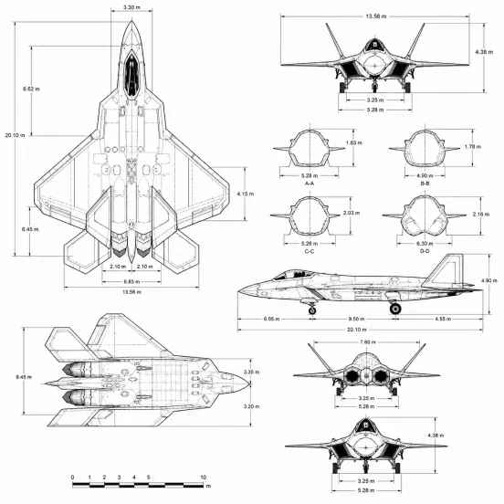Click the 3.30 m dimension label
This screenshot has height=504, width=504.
tap(131, 7)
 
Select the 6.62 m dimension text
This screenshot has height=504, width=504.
tap(31, 89)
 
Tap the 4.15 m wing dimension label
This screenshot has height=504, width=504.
tap(246, 194)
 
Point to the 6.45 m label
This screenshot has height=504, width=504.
tap(30, 229)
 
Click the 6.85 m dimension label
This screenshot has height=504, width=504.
tap(131, 282)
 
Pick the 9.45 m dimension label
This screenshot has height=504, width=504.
tap(24, 377)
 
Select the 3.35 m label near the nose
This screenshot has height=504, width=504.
tap(251, 372)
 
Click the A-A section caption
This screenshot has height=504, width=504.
tap(310, 184)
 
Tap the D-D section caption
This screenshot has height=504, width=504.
tap(425, 251)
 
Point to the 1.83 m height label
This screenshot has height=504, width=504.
tap(354, 142)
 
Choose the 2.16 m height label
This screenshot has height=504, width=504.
tap(481, 214)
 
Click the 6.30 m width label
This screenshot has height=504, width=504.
tap(425, 243)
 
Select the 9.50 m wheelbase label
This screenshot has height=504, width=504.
tap(356, 319)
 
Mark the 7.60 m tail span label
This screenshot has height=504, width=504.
tap(368, 342)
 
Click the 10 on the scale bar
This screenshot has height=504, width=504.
tap(203, 478)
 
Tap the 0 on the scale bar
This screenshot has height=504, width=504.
tap(73, 478)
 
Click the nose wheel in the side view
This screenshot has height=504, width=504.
tap(312, 310)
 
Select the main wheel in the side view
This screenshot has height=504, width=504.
tap(395, 309)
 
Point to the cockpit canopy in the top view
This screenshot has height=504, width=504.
tap(131, 75)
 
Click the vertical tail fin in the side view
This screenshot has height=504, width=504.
tap(446, 270)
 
